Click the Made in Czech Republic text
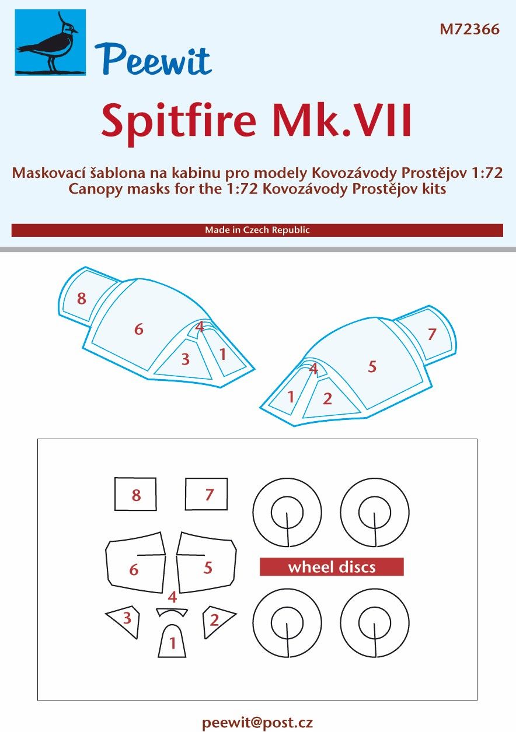[257, 230]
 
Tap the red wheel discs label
[332, 567]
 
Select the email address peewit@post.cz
[257, 722]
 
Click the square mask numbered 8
[136, 495]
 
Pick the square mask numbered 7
[207, 494]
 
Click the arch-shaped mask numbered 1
[172, 641]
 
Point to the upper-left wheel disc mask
[287, 513]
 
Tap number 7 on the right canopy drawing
[431, 334]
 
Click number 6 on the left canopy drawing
[138, 330]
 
